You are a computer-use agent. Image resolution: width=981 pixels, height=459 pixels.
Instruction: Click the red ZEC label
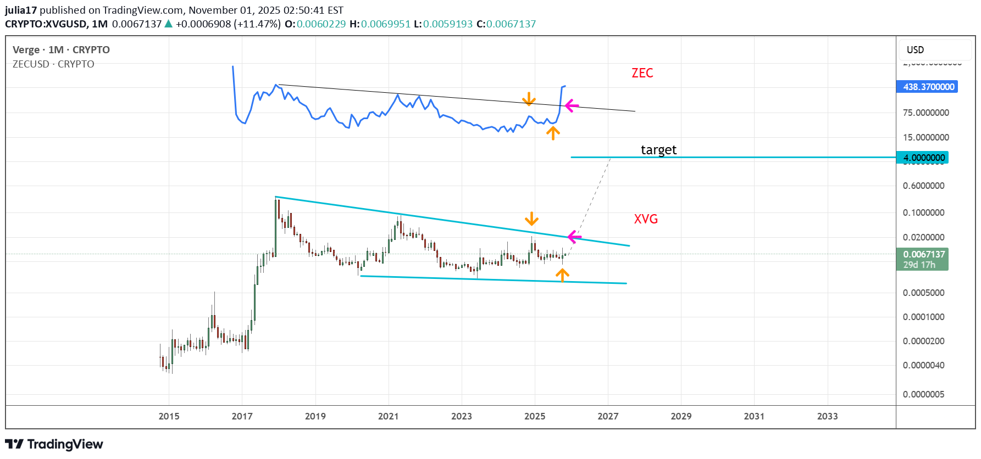[642, 73]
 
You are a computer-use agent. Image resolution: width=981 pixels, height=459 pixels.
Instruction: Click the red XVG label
[646, 219]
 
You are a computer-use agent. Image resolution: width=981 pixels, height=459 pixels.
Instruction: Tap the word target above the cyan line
[658, 150]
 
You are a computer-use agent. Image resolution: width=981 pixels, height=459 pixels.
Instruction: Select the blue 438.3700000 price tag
[928, 87]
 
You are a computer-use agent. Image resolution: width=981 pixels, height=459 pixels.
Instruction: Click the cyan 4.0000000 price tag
[923, 158]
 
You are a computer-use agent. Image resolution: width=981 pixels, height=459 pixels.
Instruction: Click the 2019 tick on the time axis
[315, 416]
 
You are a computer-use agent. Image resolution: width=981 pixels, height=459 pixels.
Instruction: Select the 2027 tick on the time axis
[608, 416]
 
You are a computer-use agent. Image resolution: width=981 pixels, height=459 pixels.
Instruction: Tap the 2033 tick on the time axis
[827, 416]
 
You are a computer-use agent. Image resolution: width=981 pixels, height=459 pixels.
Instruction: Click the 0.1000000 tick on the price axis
[923, 212]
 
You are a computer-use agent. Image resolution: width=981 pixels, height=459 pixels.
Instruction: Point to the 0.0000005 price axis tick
[923, 394]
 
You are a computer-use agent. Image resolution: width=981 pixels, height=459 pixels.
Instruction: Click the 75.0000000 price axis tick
[925, 113]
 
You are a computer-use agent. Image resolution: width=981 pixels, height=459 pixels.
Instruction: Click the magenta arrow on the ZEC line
[572, 105]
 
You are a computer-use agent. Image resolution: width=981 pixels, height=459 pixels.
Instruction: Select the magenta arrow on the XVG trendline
[574, 237]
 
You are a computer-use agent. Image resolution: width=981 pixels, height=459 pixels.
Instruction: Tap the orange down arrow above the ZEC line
[529, 99]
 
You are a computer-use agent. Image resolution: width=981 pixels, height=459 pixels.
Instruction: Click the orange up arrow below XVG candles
[562, 275]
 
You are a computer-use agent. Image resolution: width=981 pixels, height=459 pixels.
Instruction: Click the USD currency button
[915, 50]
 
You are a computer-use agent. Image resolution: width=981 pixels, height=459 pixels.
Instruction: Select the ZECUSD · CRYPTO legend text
[53, 64]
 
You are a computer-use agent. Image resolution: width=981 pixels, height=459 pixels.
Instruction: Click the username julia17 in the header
[21, 10]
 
